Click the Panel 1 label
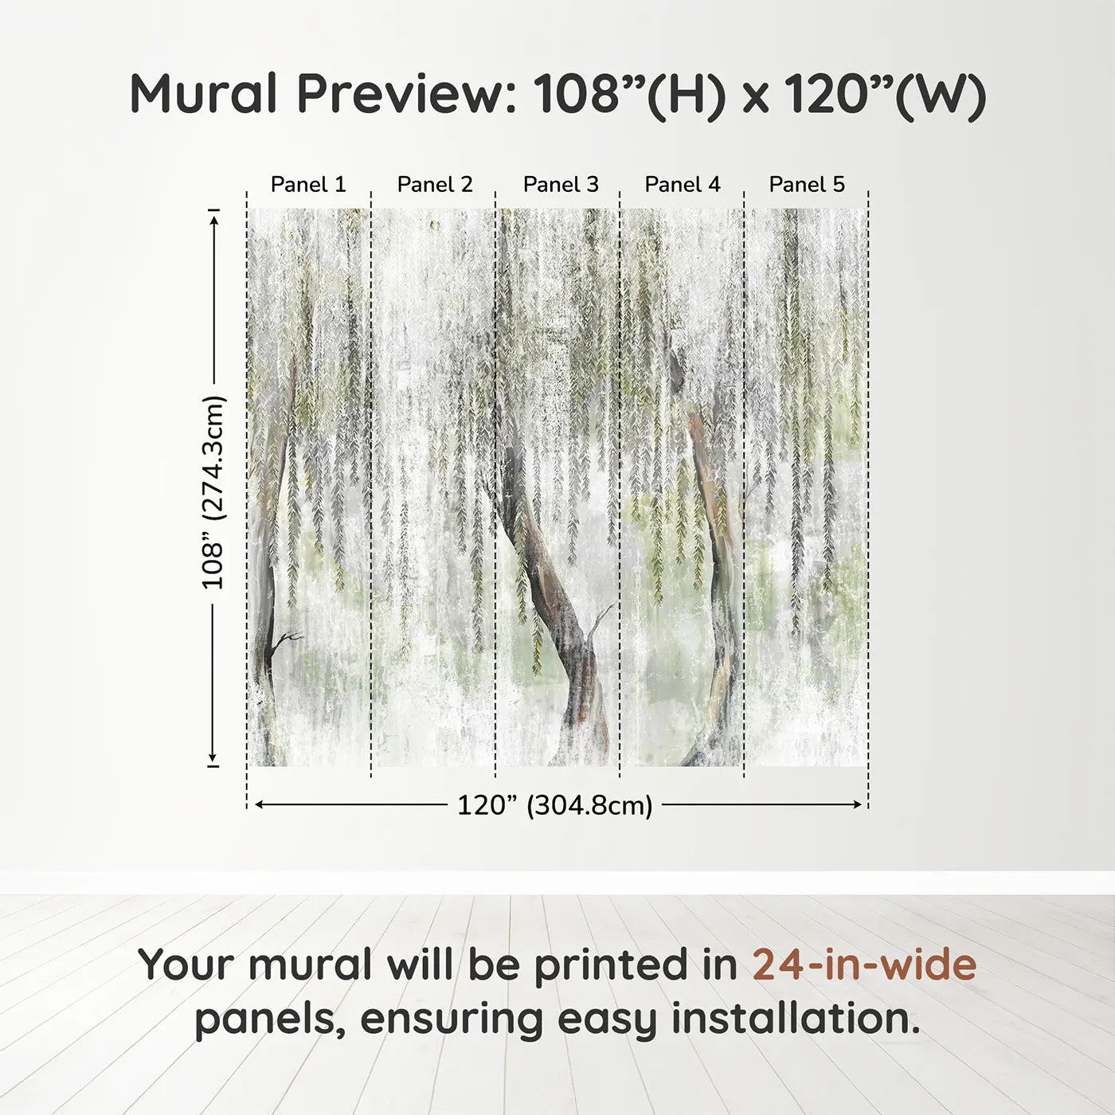click(308, 185)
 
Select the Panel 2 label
click(435, 185)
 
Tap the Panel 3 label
click(561, 185)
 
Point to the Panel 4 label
click(683, 185)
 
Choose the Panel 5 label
click(807, 185)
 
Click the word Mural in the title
click(203, 94)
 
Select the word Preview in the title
click(406, 94)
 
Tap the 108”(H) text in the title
click(629, 94)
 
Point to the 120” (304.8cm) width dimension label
click(555, 805)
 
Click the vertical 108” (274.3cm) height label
click(213, 492)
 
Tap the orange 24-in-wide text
click(864, 964)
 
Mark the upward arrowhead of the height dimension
click(213, 217)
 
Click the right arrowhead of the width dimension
click(858, 804)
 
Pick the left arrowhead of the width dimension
click(258, 804)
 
